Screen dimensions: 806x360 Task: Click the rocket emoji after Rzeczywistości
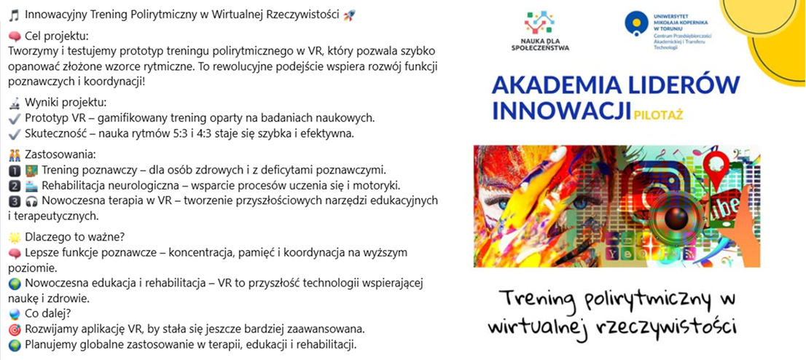(x=350, y=15)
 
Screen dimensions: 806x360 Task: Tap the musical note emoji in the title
(x=14, y=15)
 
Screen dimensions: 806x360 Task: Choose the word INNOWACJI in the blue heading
(x=562, y=111)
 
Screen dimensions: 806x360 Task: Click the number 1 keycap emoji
(x=15, y=171)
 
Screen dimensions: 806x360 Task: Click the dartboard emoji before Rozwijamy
(x=15, y=329)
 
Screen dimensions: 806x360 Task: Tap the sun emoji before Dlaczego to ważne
(x=15, y=238)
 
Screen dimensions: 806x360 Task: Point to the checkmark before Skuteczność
(x=15, y=133)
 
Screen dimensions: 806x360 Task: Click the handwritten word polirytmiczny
(x=635, y=300)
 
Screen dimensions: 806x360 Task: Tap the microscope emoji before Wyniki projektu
(x=15, y=103)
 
